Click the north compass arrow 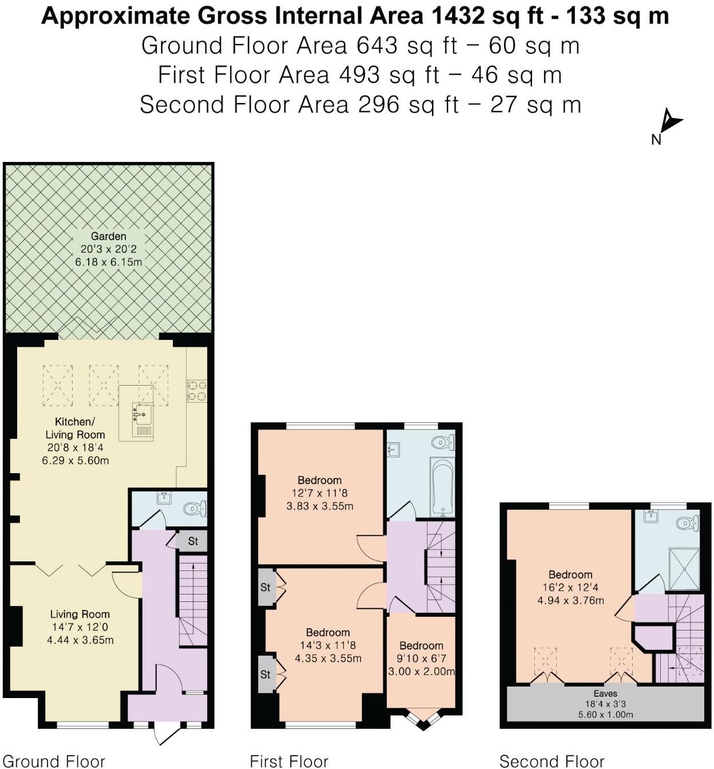point(670,121)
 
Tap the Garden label point(109,236)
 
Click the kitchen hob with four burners point(197,390)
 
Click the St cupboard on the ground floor point(193,541)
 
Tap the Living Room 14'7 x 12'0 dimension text point(80,627)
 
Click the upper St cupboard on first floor point(265,587)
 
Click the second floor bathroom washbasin point(652,517)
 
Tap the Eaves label point(605,693)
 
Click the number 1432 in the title point(457,16)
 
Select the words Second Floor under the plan point(552,761)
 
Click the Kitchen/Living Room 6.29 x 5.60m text point(76,460)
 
